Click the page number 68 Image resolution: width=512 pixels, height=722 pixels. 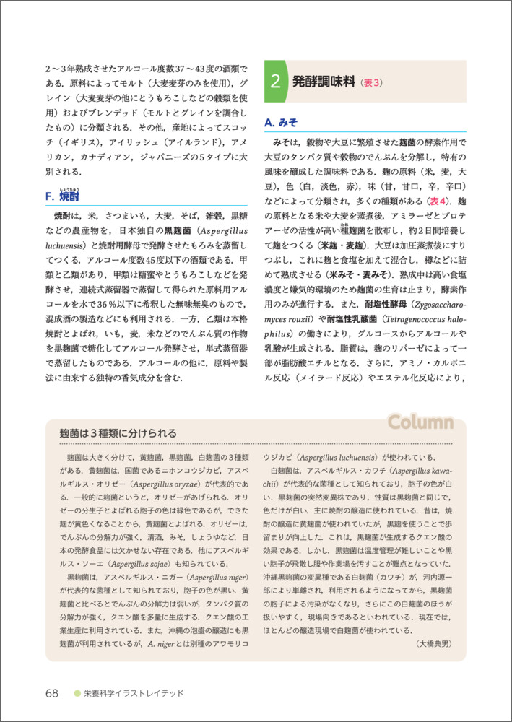pos(51,693)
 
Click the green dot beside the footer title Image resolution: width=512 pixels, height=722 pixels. pos(77,693)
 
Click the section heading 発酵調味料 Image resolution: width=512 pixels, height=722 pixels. pos(324,82)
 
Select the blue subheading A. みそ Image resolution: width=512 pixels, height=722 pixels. pos(281,122)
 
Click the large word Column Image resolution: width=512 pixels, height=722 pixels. pos(420,422)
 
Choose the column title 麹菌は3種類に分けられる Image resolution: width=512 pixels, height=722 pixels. pos(118,433)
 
